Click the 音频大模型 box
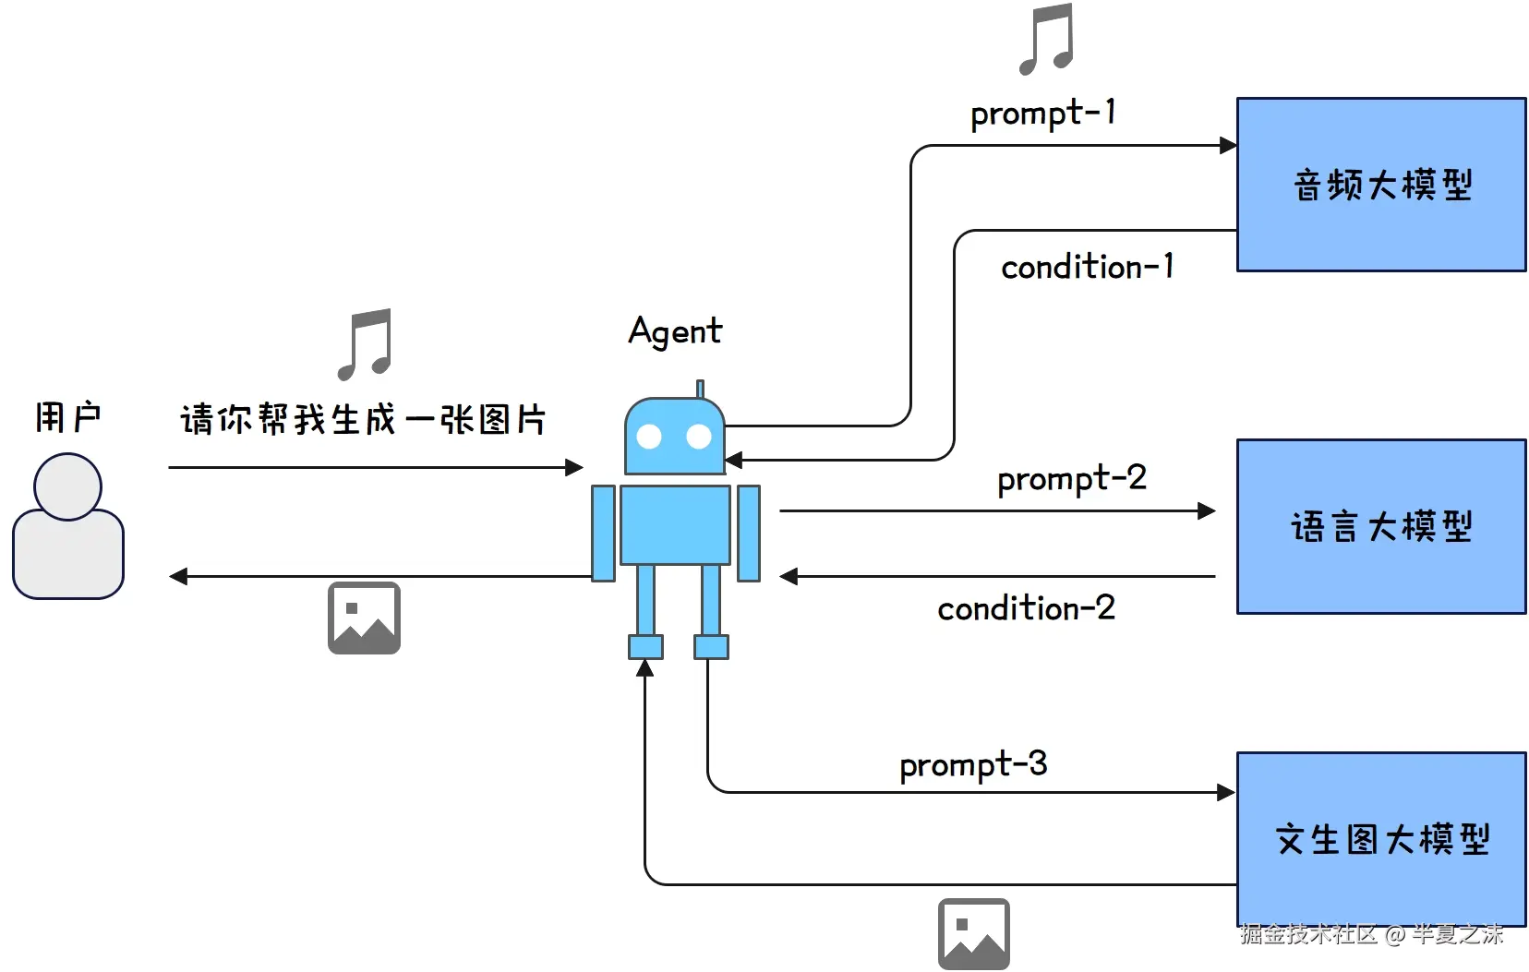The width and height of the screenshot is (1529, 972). point(1380,185)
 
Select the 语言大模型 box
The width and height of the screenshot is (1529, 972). point(1380,526)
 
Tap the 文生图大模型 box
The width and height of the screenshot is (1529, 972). point(1380,838)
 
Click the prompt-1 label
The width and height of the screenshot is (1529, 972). point(1042,114)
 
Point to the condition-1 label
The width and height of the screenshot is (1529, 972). point(1087,268)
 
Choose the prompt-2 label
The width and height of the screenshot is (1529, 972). point(1071,479)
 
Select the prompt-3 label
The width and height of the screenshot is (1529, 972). point(973,765)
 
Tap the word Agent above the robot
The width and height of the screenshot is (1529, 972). point(675,331)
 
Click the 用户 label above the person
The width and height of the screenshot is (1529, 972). point(67,417)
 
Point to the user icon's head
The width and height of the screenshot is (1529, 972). point(67,486)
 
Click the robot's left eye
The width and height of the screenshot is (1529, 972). point(650,437)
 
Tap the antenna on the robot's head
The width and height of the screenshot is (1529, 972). point(700,389)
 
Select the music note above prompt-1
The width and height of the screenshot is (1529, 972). point(1046,39)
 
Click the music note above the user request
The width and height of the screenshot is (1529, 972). point(365,344)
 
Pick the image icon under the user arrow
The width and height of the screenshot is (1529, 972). point(364,618)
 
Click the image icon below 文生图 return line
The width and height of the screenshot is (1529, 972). point(973,933)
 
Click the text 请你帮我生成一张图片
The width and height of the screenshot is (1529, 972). point(363,420)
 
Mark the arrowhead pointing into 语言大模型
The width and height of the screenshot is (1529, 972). point(1207,510)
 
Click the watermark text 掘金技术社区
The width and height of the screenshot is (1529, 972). point(1307,934)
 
